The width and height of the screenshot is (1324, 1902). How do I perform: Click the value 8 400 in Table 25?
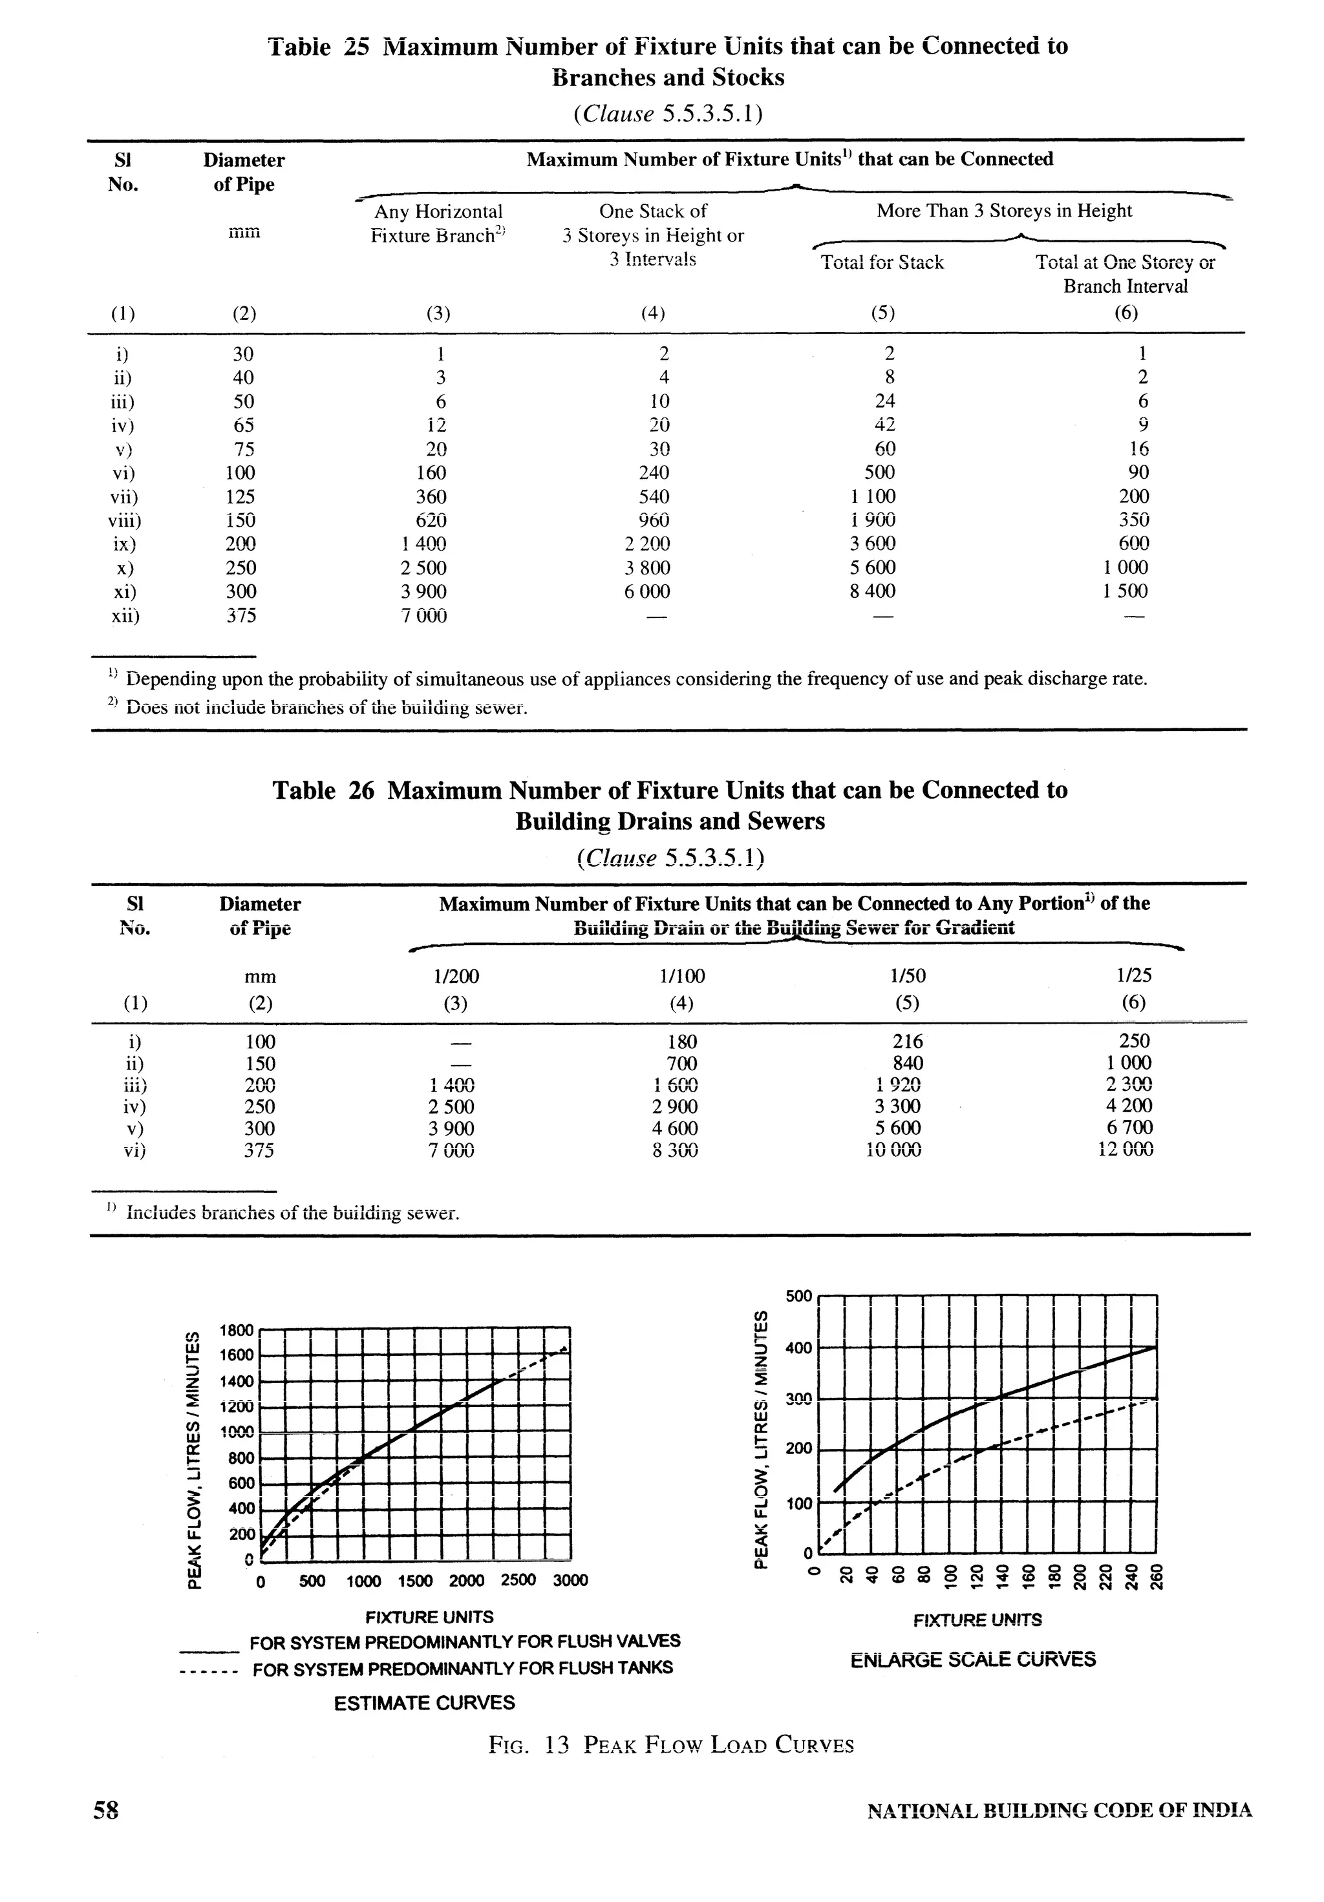coord(873,591)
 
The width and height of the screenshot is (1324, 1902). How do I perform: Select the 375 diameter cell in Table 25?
coord(242,615)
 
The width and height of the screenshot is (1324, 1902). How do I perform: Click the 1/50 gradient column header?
coord(907,976)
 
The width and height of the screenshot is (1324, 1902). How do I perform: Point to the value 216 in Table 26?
coord(908,1041)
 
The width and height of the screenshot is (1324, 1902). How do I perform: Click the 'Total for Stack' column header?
coord(882,262)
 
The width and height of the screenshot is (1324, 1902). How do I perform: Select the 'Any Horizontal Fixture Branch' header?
coord(438,224)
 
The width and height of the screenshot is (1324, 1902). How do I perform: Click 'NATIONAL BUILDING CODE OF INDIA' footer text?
coord(1059,1834)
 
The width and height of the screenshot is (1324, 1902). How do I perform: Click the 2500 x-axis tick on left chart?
coord(518,1580)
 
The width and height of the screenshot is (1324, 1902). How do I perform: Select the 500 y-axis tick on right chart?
coord(798,1296)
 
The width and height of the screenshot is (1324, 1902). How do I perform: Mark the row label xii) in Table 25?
coord(126,615)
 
